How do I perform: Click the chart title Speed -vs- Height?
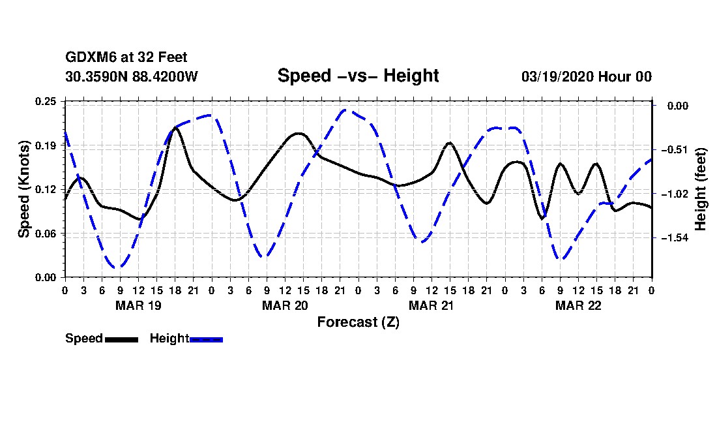(358, 76)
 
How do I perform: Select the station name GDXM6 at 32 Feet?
(126, 58)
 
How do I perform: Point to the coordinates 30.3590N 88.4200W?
(132, 76)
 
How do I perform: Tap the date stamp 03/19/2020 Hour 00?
(586, 76)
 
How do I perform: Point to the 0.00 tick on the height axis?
(674, 106)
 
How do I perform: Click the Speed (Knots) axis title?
(24, 189)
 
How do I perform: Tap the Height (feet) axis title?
(701, 189)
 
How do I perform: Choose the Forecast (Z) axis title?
(358, 322)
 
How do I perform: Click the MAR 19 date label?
(138, 305)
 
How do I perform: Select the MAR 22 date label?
(578, 305)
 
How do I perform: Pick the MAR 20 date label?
(285, 305)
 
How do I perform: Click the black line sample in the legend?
(121, 339)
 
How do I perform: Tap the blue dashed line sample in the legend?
(206, 339)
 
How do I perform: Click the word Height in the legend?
(169, 339)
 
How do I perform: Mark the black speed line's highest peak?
(176, 128)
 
